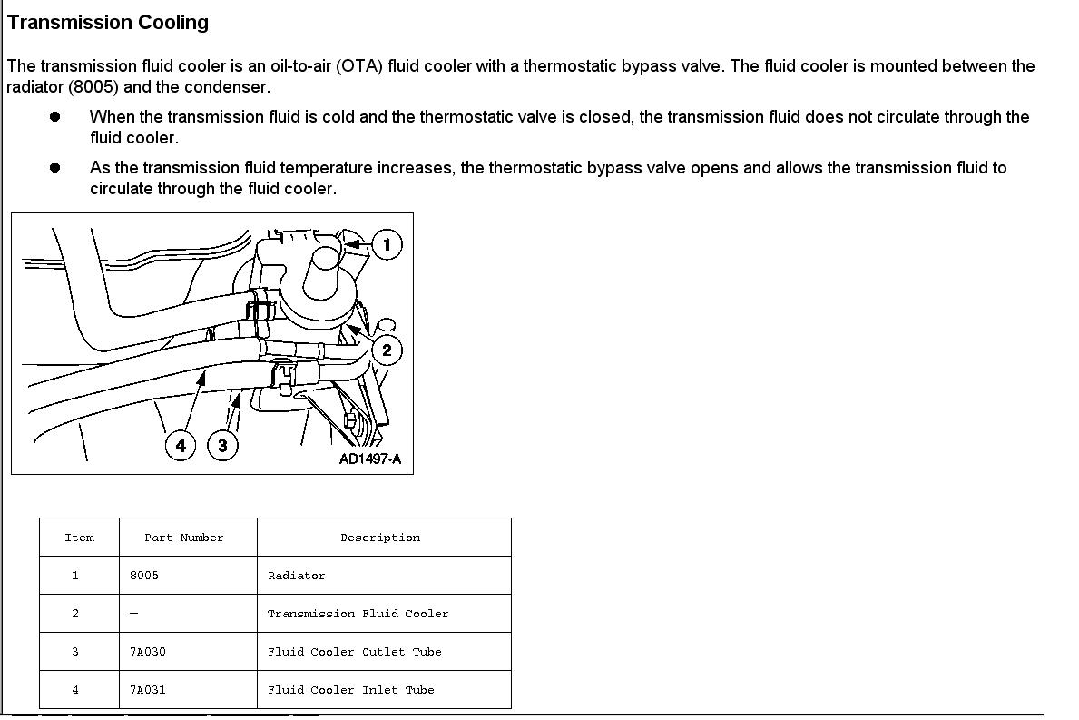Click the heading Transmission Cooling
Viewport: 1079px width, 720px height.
tap(108, 23)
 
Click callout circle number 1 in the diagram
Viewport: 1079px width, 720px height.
tap(387, 244)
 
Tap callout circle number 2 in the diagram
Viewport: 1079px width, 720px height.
tap(387, 350)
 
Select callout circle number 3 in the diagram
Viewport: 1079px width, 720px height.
tap(222, 445)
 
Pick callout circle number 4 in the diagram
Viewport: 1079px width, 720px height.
tap(181, 445)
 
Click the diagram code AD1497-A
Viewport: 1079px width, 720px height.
tap(369, 459)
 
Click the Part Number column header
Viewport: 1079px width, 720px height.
tap(184, 538)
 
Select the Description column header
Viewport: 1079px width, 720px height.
tap(380, 538)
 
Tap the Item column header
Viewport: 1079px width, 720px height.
tap(80, 538)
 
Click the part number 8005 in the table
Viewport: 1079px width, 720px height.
tap(144, 576)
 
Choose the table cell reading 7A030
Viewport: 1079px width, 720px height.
tap(148, 652)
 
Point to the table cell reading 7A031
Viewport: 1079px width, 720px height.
tap(148, 690)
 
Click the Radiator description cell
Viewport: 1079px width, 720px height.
tap(297, 576)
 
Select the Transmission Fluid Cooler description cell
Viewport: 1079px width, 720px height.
tap(358, 614)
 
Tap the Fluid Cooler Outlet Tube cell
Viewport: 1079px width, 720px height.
tap(354, 652)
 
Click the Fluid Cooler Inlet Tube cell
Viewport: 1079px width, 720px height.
tap(350, 690)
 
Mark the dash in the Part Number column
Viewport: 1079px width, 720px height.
tap(134, 614)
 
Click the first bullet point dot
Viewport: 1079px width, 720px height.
tap(55, 117)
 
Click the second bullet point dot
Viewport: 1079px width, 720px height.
tap(55, 168)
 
